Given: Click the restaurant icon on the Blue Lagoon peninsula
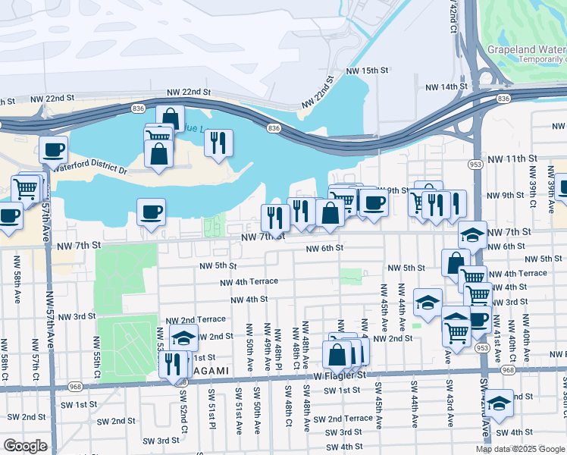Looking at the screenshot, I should click(x=218, y=142).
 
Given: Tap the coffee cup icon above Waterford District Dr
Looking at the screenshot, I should click(x=53, y=149).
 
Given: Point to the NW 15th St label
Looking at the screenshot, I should click(x=367, y=70).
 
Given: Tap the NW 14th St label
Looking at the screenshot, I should click(x=446, y=87).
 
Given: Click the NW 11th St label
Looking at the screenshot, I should click(x=512, y=158).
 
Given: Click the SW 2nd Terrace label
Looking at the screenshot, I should click(x=343, y=419).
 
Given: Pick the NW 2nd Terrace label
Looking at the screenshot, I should click(x=196, y=320).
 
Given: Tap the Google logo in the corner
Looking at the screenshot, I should click(x=24, y=445).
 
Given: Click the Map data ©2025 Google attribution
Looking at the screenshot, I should click(x=518, y=449).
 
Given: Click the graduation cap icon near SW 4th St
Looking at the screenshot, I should click(x=499, y=402).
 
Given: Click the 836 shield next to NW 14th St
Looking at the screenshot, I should click(x=503, y=99).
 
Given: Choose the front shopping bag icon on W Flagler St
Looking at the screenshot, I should click(x=337, y=353).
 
